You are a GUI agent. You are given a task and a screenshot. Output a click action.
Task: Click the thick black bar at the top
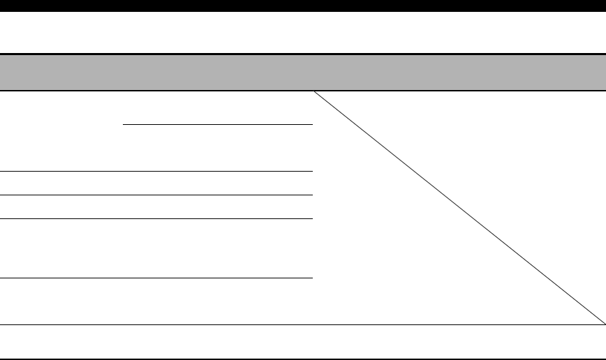pyautogui.click(x=303, y=6)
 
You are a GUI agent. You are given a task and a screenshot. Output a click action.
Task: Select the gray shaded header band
pyautogui.click(x=303, y=73)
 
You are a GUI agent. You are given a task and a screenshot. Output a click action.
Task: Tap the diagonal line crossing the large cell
pyautogui.click(x=459, y=208)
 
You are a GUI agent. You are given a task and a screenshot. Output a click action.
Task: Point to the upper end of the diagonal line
pyautogui.click(x=313, y=92)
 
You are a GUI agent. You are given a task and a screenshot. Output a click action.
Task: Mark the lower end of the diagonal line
pyautogui.click(x=604, y=324)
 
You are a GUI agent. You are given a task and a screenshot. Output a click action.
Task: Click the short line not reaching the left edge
pyautogui.click(x=216, y=125)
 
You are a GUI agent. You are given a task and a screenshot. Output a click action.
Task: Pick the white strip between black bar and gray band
pyautogui.click(x=303, y=32)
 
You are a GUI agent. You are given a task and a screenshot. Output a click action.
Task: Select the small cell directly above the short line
pyautogui.click(x=216, y=108)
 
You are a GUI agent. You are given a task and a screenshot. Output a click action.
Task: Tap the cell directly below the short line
pyautogui.click(x=216, y=148)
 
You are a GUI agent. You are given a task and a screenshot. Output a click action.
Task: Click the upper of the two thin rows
pyautogui.click(x=156, y=183)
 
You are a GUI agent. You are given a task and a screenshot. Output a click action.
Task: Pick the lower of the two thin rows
pyautogui.click(x=156, y=207)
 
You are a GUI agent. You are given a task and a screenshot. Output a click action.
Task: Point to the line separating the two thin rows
pyautogui.click(x=156, y=195)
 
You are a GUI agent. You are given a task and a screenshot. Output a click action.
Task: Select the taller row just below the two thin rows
pyautogui.click(x=156, y=248)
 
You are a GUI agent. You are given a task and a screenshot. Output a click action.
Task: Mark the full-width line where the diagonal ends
pyautogui.click(x=303, y=324)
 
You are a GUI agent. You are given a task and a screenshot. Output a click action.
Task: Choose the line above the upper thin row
pyautogui.click(x=156, y=171)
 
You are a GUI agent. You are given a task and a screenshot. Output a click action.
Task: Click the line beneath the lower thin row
pyautogui.click(x=156, y=218)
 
